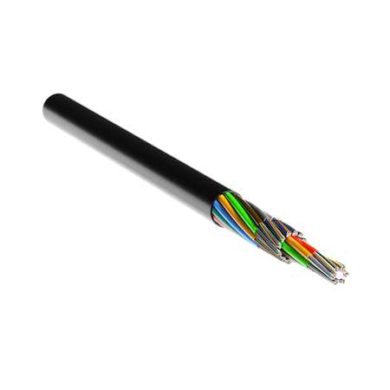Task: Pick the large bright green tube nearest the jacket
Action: (x=239, y=209)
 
